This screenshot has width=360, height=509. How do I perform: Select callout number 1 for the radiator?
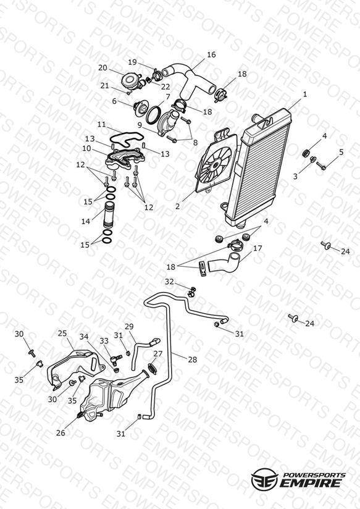305,94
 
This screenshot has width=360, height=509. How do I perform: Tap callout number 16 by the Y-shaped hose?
211,54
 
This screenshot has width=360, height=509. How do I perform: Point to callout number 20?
103,68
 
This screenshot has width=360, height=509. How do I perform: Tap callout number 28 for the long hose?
193,360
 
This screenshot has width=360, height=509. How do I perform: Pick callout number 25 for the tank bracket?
62,333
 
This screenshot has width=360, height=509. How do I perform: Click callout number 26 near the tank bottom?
61,432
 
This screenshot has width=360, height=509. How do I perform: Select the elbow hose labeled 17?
224,262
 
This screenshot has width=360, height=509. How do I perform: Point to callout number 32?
169,282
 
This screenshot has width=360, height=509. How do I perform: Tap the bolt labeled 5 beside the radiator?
321,166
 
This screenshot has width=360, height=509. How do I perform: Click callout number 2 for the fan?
177,206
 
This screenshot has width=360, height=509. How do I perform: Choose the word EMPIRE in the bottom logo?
311,482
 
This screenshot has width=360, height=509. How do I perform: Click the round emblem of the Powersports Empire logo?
264,479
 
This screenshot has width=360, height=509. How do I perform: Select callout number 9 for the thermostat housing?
140,125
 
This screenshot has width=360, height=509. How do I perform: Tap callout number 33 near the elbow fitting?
104,341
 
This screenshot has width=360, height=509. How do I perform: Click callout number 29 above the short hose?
129,326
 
